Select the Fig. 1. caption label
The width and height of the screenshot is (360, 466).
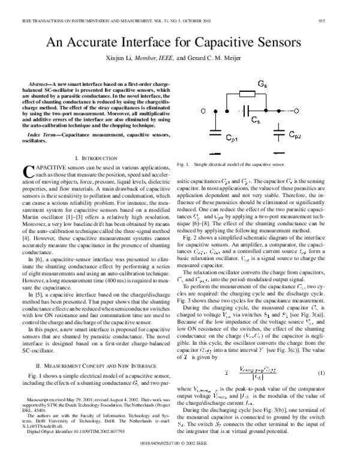[x=184, y=163]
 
